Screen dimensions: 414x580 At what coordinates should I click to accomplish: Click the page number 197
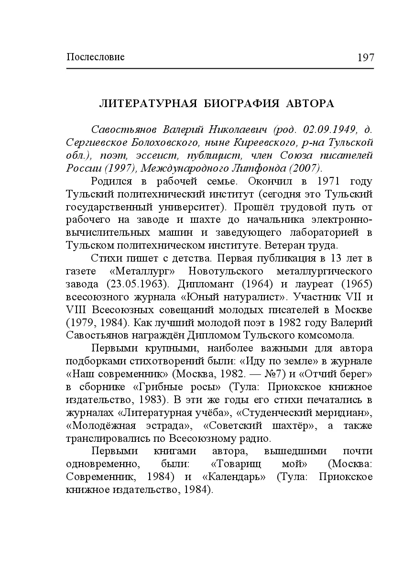(365, 58)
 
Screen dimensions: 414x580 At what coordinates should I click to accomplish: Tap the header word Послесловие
(96, 57)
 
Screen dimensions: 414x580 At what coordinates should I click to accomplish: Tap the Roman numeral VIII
(76, 310)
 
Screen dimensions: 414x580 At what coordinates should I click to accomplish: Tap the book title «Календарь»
(234, 477)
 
